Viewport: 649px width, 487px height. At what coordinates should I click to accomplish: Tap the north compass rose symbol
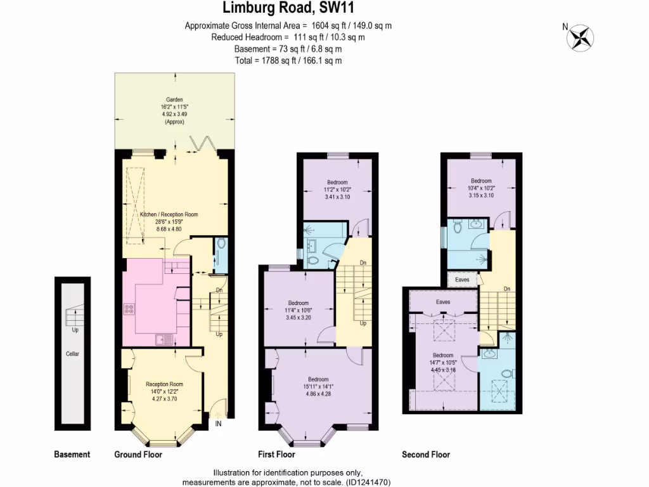[579, 37]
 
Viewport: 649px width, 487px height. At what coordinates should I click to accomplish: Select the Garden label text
[174, 100]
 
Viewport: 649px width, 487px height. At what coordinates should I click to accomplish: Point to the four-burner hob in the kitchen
[130, 309]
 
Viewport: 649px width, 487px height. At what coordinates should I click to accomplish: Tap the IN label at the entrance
[218, 424]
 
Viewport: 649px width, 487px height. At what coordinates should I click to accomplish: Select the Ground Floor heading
[138, 455]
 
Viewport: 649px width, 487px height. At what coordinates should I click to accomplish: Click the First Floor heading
[276, 455]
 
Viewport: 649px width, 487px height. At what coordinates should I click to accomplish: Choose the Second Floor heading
[426, 455]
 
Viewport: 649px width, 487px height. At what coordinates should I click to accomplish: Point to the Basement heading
[72, 455]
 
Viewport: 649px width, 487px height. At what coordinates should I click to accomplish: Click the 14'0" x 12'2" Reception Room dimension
[165, 391]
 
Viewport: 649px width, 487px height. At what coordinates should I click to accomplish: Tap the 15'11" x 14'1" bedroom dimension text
[318, 387]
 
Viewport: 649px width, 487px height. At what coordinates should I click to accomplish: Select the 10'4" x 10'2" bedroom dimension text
[480, 188]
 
